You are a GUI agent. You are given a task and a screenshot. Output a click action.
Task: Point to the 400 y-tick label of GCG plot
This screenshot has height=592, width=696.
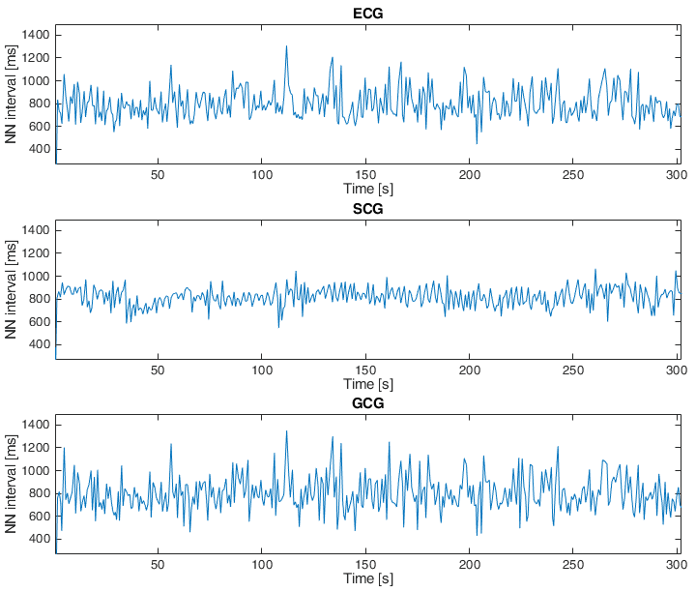[40, 539]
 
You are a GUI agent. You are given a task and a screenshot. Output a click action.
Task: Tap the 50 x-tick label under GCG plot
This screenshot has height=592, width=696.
[159, 563]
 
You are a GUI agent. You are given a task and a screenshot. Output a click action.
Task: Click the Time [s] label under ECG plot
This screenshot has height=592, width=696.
[366, 189]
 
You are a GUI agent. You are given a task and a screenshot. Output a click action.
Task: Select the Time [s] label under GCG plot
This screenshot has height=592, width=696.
[366, 577]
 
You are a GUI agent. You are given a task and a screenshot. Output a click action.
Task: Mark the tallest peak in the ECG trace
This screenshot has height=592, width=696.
[286, 46]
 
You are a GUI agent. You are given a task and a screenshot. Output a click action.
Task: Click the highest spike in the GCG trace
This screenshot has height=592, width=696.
[286, 431]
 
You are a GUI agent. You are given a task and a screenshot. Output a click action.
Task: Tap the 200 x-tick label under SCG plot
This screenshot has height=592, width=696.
[470, 370]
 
